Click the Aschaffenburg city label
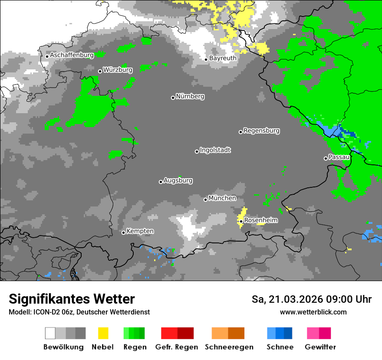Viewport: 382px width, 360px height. tap(72, 56)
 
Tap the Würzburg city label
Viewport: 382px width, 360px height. tap(118, 70)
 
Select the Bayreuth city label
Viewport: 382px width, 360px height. tap(223, 58)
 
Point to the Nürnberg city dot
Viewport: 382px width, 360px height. tap(173, 98)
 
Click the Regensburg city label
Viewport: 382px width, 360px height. tap(261, 131)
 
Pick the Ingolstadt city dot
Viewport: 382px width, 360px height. tap(197, 151)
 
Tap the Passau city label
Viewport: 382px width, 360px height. tap(339, 157)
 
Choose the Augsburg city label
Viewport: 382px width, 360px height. tap(178, 181)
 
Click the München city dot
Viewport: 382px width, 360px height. tap(205, 200)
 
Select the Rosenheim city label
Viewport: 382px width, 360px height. tap(260, 220)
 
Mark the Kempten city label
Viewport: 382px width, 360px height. tap(140, 231)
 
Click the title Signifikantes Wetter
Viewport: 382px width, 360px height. tap(72, 299)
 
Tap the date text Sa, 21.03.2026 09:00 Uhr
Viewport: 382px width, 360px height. tap(311, 299)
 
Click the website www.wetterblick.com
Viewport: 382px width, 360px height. tap(313, 312)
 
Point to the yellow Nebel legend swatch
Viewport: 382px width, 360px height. tap(103, 333)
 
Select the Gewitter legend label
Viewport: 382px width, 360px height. tap(320, 347)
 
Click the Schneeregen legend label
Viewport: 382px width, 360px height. tap(229, 347)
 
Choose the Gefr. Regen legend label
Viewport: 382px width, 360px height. tap(177, 347)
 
